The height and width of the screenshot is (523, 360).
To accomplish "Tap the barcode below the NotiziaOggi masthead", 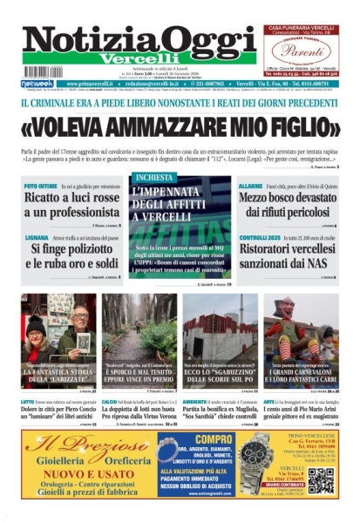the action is [44, 72].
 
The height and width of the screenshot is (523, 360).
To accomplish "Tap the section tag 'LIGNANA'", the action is [37, 237].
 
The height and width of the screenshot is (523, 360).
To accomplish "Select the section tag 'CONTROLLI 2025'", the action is [262, 237].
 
